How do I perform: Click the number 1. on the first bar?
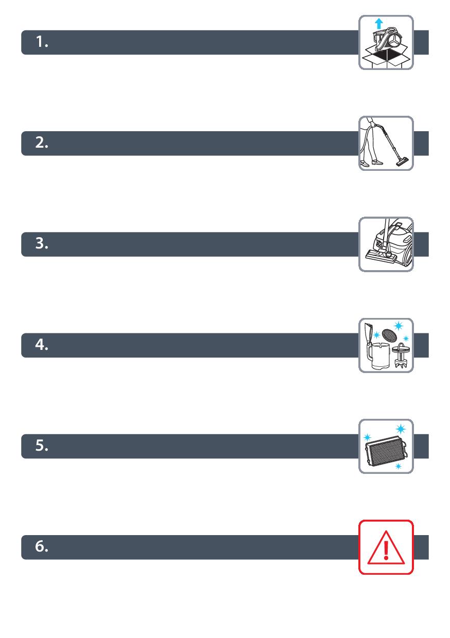pos(42,42)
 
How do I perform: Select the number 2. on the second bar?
pos(42,143)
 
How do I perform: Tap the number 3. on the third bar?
pos(42,243)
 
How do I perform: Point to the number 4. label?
pos(42,345)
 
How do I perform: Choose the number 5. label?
pos(42,446)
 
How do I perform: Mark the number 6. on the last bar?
pos(42,546)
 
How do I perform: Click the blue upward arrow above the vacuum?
pos(378,23)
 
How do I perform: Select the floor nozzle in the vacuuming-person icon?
pos(403,163)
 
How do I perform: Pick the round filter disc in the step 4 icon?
pos(388,334)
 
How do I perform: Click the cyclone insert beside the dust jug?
pos(401,356)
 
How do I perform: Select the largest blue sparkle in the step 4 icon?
pos(398,326)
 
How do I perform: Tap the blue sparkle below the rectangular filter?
pos(398,466)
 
